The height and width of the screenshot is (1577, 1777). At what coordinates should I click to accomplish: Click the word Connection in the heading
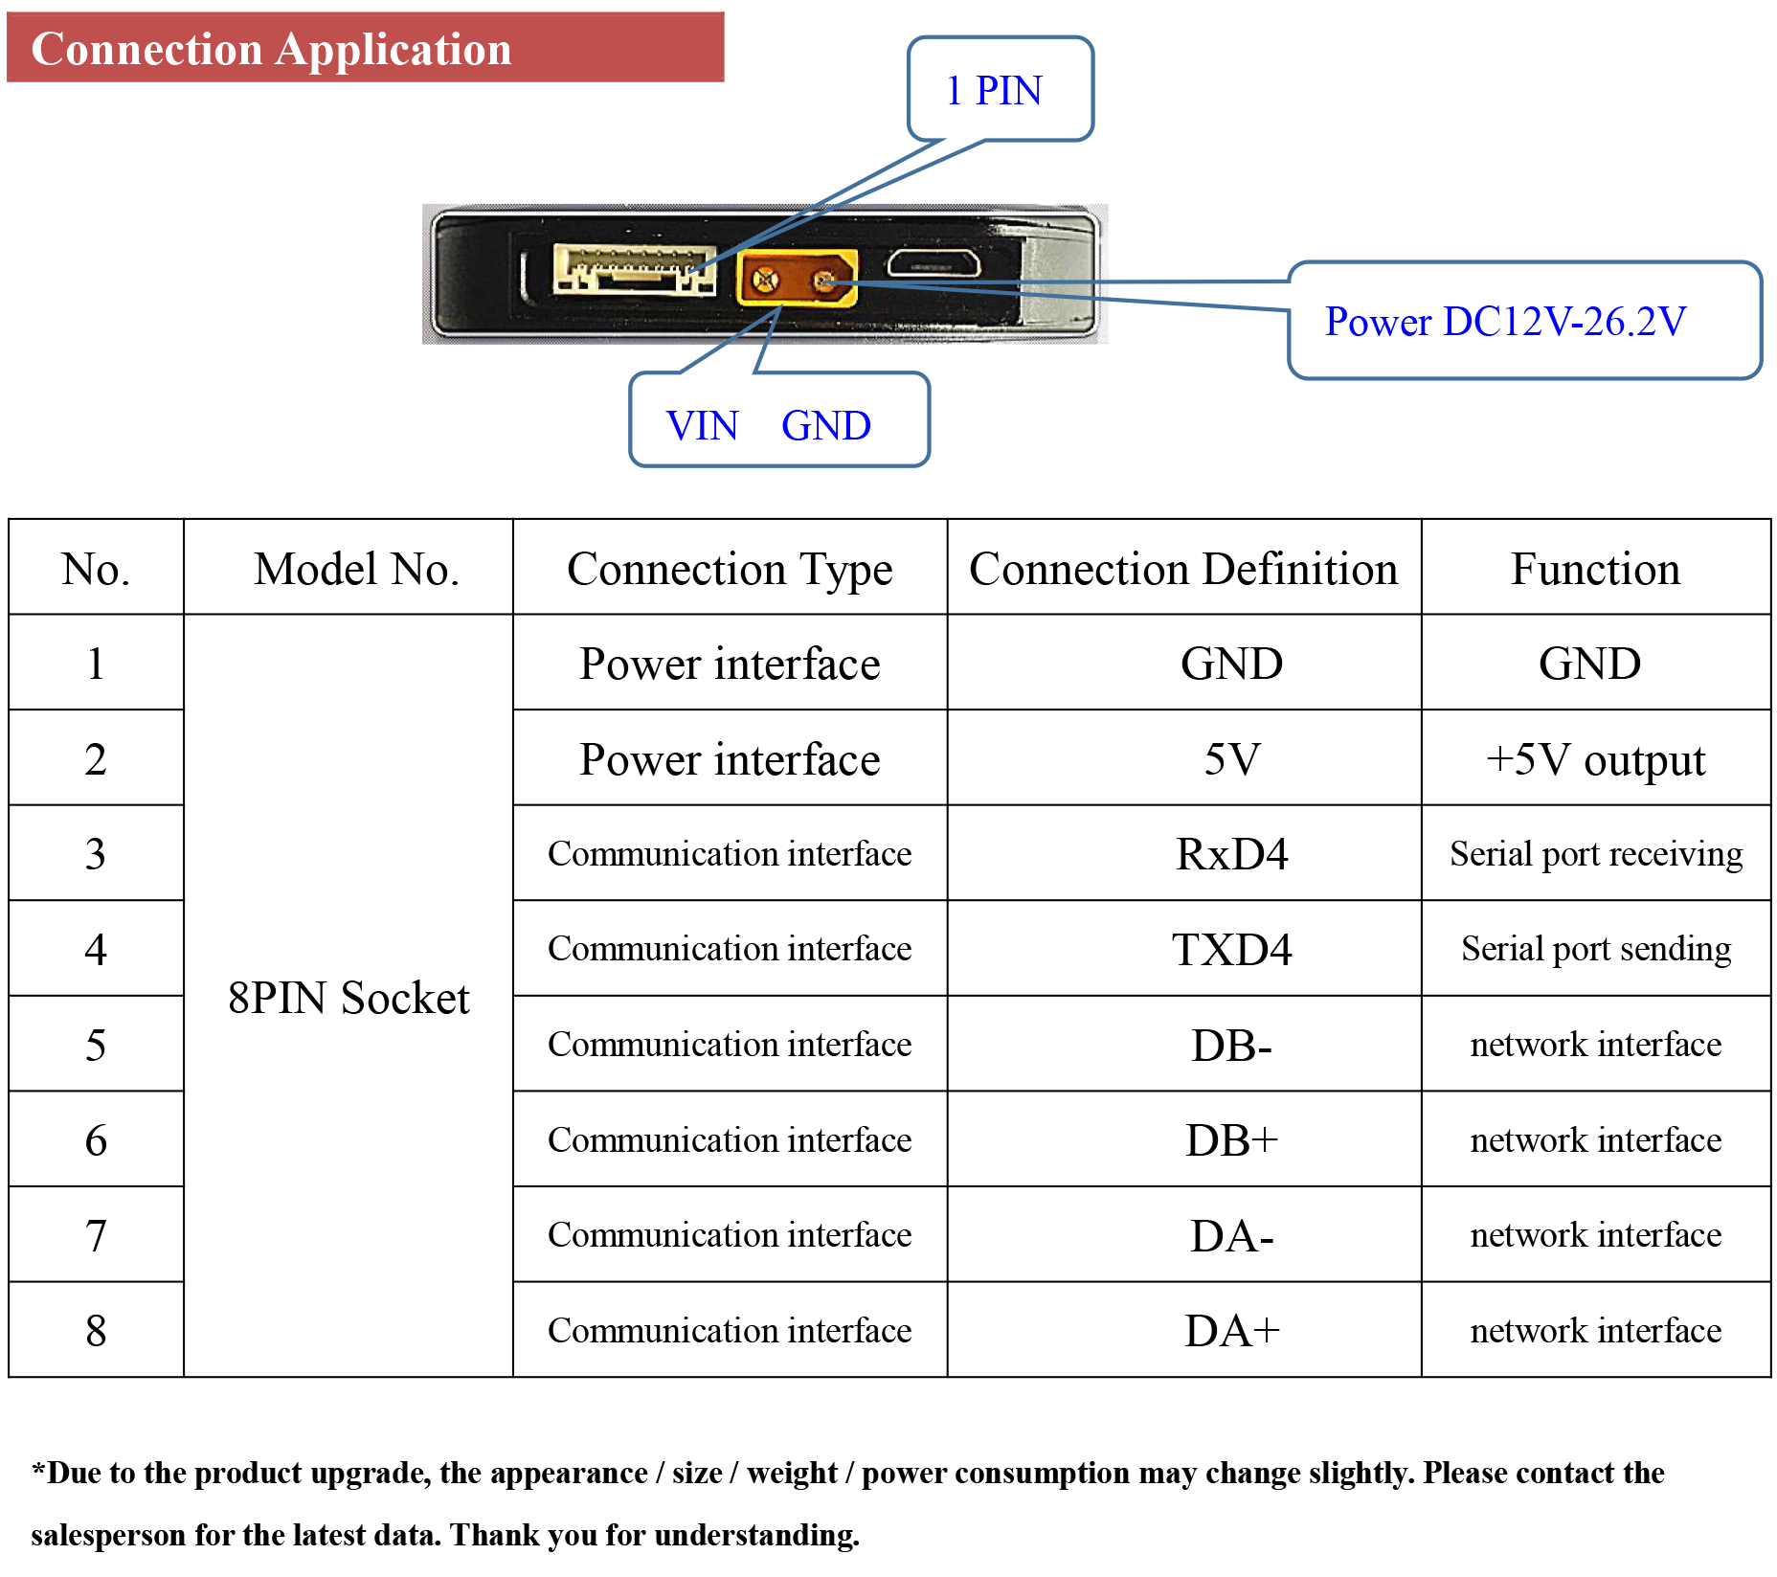click(146, 49)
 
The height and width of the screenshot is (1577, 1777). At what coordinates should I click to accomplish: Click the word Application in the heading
click(394, 51)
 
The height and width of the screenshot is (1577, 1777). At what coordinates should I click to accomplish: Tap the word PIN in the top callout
click(1008, 91)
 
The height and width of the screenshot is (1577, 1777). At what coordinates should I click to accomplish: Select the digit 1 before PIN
click(955, 91)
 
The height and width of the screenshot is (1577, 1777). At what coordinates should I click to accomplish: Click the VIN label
click(702, 426)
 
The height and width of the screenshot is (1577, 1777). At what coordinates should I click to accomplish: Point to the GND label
click(825, 426)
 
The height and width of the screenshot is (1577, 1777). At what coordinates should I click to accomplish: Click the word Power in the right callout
click(1378, 322)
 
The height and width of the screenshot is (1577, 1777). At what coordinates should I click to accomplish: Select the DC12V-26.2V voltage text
click(1564, 322)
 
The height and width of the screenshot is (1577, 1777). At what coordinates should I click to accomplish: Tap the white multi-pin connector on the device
click(634, 269)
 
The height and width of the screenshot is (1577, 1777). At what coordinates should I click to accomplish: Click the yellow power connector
click(797, 278)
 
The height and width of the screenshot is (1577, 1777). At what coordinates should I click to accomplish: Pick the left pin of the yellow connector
click(764, 280)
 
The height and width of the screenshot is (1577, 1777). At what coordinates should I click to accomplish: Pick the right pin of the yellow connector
click(822, 281)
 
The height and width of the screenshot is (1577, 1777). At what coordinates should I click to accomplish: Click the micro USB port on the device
click(933, 263)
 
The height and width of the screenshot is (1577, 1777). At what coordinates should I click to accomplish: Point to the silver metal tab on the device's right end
click(1058, 278)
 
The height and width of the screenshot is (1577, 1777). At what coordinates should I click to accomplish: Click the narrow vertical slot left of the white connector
click(525, 275)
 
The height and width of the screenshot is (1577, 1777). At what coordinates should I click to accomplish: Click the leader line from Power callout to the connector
click(1101, 292)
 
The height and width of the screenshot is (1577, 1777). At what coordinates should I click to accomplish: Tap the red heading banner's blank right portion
click(622, 48)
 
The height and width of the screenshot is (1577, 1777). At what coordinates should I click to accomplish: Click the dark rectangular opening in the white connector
click(637, 281)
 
